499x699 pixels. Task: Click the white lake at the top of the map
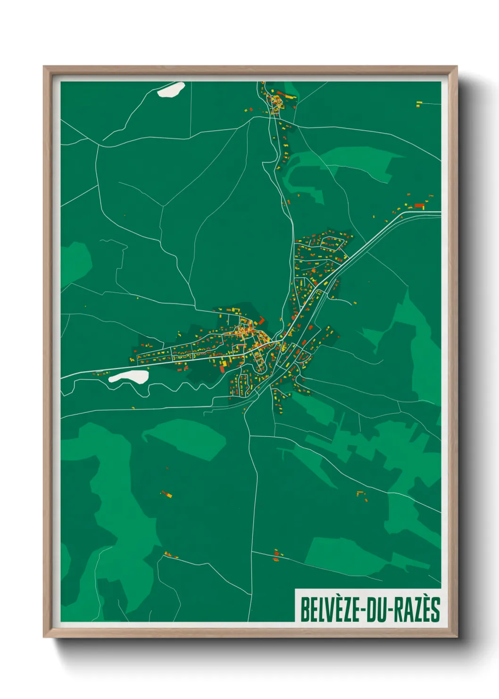pyautogui.click(x=171, y=89)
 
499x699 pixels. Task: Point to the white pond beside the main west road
pyautogui.click(x=129, y=376)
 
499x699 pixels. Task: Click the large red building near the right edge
pyautogui.click(x=419, y=206)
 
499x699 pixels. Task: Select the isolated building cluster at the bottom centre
pyautogui.click(x=276, y=555)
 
